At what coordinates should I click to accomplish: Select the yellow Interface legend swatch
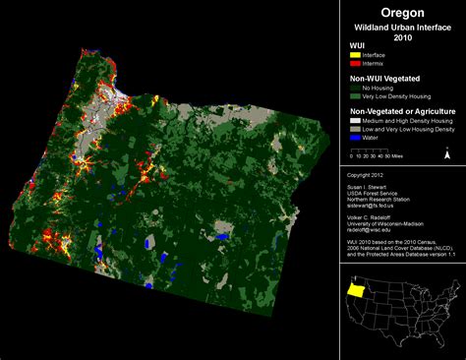(356, 55)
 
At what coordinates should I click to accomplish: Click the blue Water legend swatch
(356, 140)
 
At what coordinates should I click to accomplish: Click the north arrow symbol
(447, 152)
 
